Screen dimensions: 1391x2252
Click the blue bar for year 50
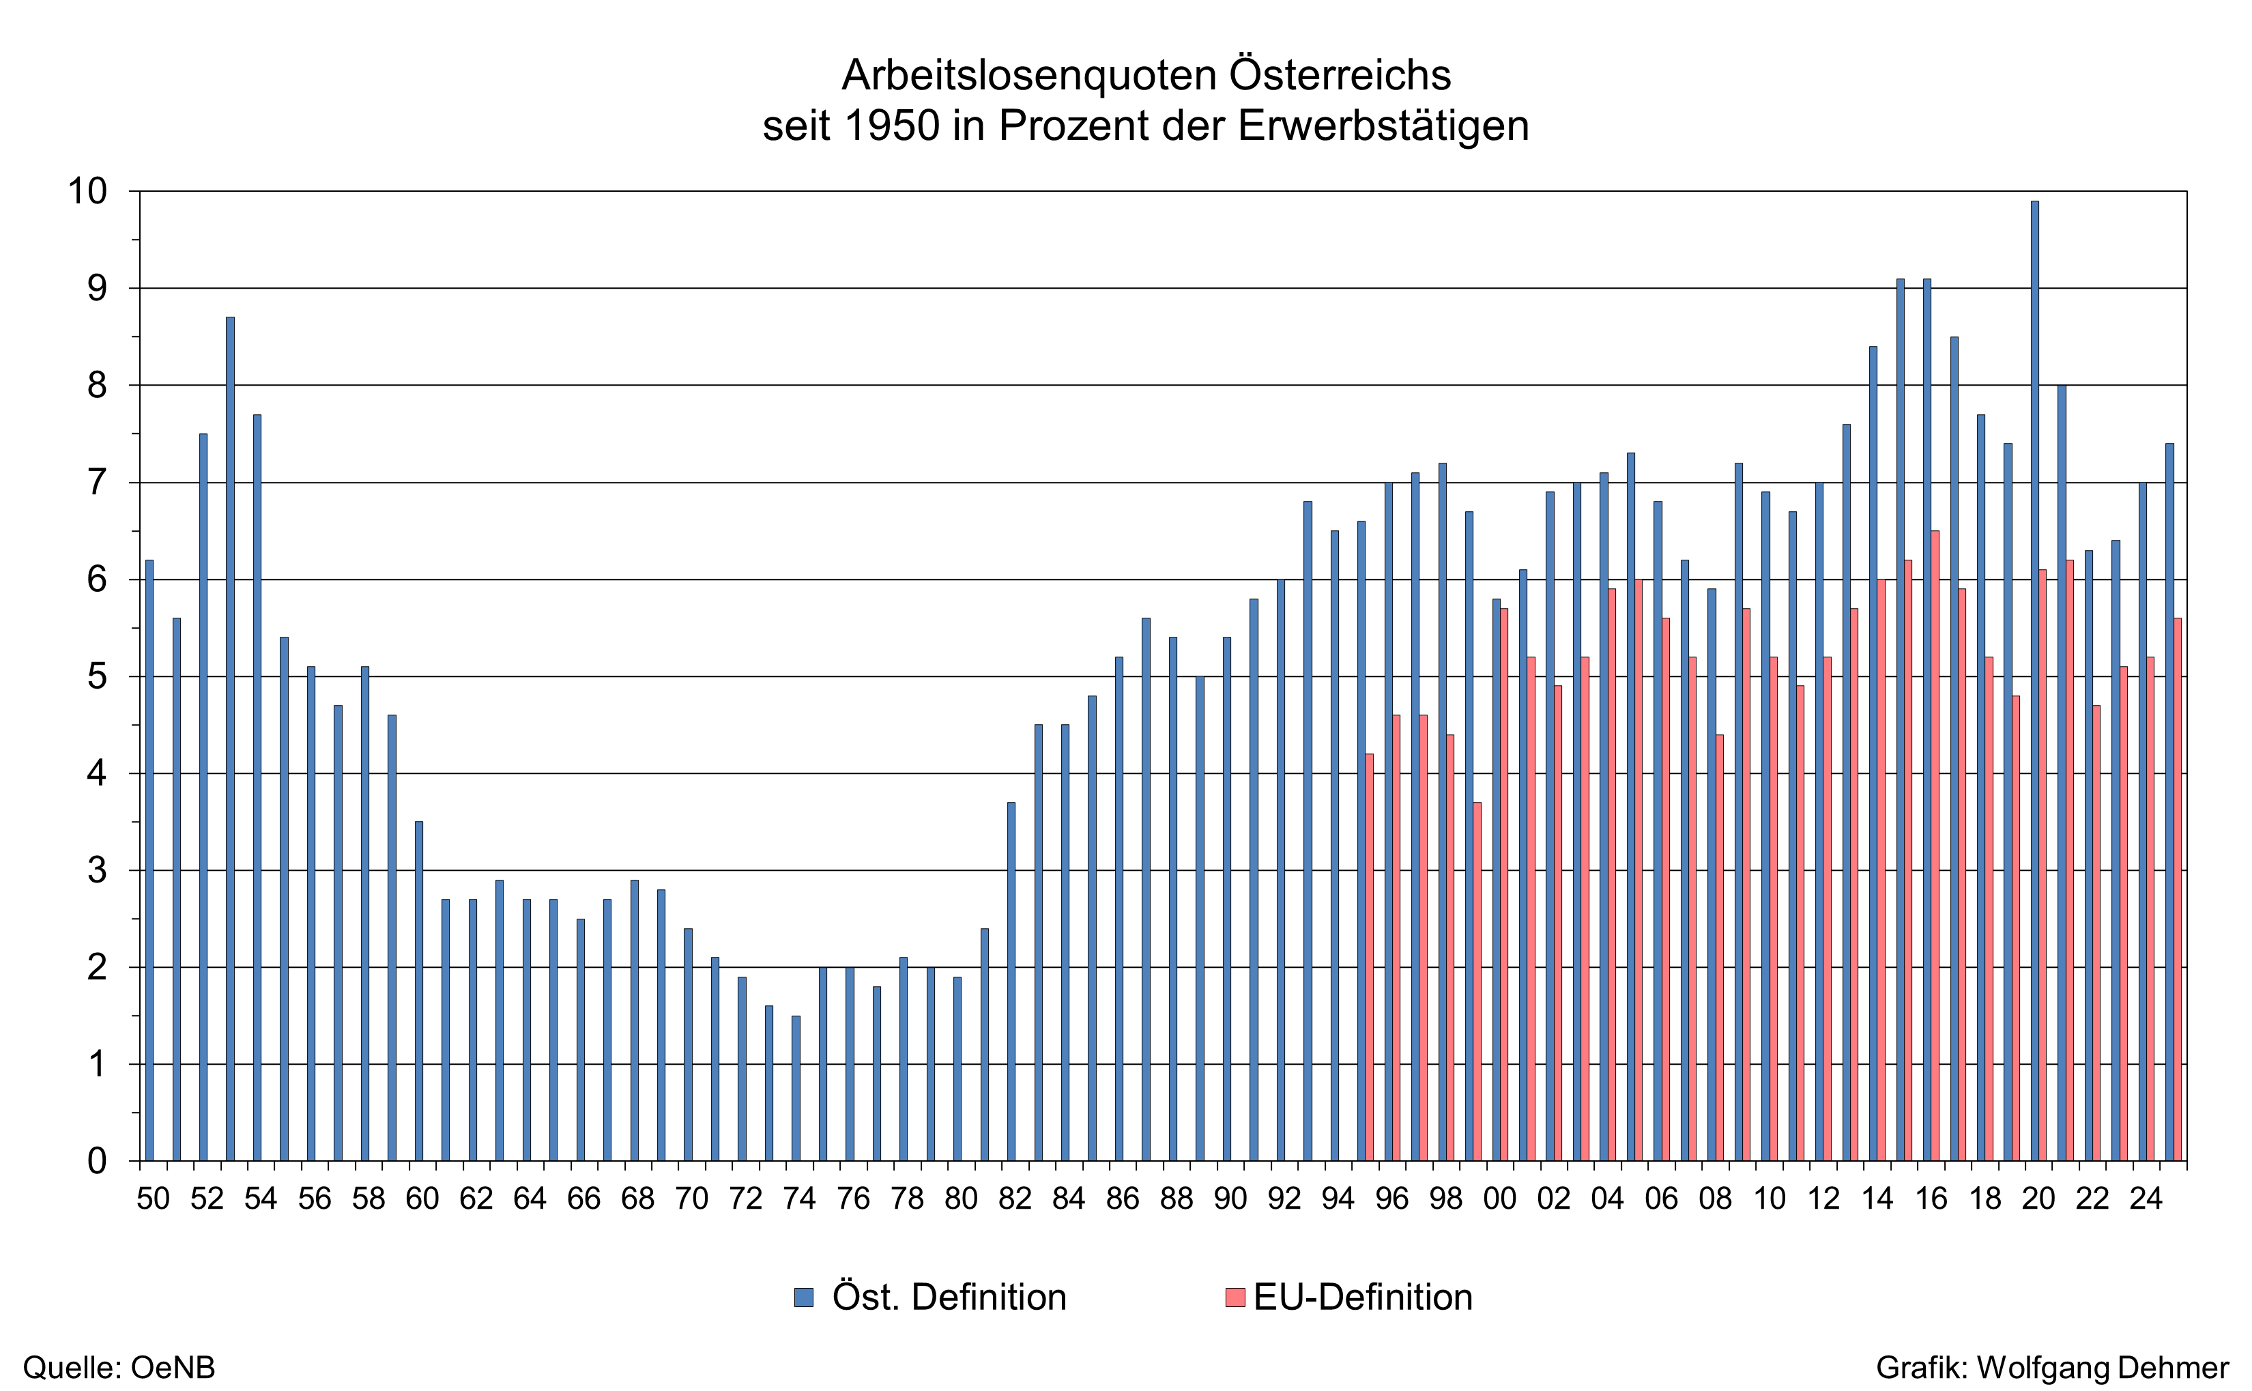pyautogui.click(x=149, y=860)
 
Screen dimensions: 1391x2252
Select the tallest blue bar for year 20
pyautogui.click(x=2035, y=680)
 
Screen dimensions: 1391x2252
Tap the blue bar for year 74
pyautogui.click(x=796, y=1089)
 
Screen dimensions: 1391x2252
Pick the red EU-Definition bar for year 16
pyautogui.click(x=1935, y=846)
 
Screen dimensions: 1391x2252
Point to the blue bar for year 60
pyautogui.click(x=418, y=991)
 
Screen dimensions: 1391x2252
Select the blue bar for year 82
pyautogui.click(x=1011, y=981)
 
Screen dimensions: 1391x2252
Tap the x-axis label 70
pyautogui.click(x=691, y=1199)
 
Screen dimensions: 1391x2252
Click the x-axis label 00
pyautogui.click(x=1500, y=1199)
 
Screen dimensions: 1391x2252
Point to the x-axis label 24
pyautogui.click(x=2146, y=1199)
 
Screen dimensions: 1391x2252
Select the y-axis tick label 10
pyautogui.click(x=87, y=191)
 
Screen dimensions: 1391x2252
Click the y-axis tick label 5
pyautogui.click(x=96, y=677)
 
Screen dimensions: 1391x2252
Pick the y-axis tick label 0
pyautogui.click(x=96, y=1162)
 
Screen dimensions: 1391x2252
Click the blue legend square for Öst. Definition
pyautogui.click(x=804, y=1297)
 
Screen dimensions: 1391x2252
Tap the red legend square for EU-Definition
pyautogui.click(x=1235, y=1297)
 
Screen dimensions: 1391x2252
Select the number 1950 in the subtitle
pyautogui.click(x=891, y=126)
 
